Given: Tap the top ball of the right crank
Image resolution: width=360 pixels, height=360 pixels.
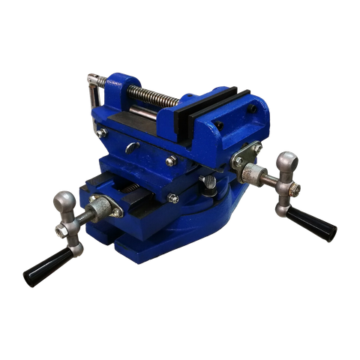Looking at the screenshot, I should [287, 160].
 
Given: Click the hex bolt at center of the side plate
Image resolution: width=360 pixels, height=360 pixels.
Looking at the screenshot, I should [172, 160].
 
